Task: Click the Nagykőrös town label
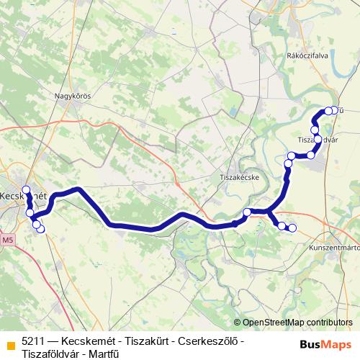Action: [x=71, y=94]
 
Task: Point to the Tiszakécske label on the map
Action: [x=238, y=176]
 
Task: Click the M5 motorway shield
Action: [x=7, y=239]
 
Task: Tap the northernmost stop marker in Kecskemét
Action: [x=27, y=190]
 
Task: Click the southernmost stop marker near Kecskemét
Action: [x=40, y=230]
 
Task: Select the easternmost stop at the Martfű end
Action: [x=334, y=110]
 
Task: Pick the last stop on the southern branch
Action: [x=292, y=228]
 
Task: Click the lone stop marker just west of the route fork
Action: [x=247, y=212]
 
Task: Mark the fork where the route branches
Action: [x=268, y=212]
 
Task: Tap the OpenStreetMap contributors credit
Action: [x=297, y=323]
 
